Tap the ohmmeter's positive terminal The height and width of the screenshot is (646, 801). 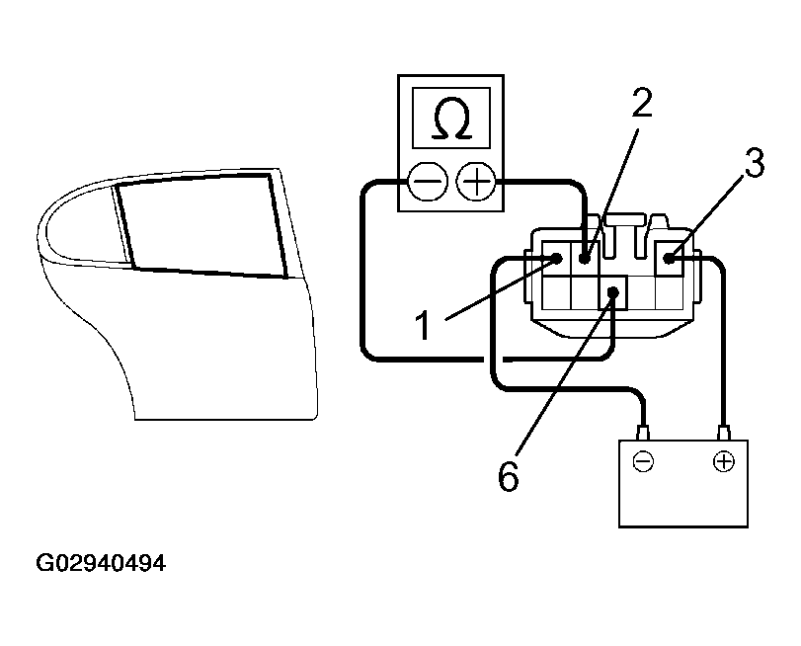pos(478,182)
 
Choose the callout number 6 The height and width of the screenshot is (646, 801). pos(508,476)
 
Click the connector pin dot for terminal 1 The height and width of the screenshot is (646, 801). pos(557,259)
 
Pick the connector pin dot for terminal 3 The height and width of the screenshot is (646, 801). pos(670,259)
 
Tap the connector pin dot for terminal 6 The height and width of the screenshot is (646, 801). pos(613,292)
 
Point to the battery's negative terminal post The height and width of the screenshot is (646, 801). pos(644,432)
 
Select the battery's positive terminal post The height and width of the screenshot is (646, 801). pos(724,432)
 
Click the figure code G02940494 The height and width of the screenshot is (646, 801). pos(100,564)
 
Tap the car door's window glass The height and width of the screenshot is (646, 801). pos(202,225)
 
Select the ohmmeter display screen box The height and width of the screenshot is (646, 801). pos(452,121)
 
